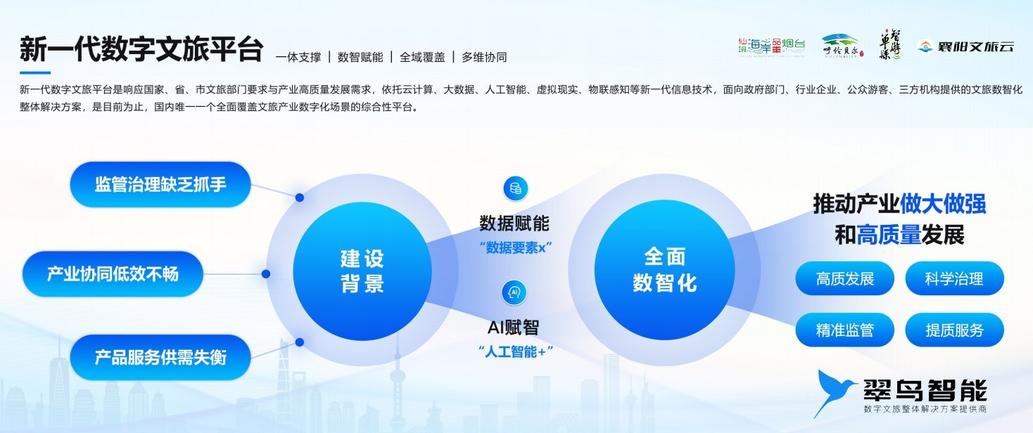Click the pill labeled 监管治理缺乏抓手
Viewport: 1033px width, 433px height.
point(160,184)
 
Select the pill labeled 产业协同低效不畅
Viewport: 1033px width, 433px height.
point(113,273)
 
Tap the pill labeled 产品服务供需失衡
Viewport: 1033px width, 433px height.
point(160,357)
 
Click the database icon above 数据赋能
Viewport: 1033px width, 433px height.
point(515,188)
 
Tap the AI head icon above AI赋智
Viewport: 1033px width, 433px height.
point(515,292)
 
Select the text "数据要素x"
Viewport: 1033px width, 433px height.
point(515,248)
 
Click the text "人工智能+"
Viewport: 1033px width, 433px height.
point(515,351)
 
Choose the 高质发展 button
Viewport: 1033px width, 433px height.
point(844,278)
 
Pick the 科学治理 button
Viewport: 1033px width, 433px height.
point(954,278)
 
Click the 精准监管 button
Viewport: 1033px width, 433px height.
point(844,330)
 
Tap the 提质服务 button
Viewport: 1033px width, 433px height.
point(954,330)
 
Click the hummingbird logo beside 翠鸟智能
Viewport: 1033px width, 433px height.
point(835,392)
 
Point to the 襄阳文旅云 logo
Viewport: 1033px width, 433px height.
point(967,47)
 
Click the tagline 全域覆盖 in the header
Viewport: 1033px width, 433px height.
point(422,57)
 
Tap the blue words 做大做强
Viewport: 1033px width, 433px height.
point(943,204)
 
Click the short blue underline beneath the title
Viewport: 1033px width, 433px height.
point(35,72)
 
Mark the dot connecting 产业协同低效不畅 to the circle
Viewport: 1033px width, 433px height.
point(266,274)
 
